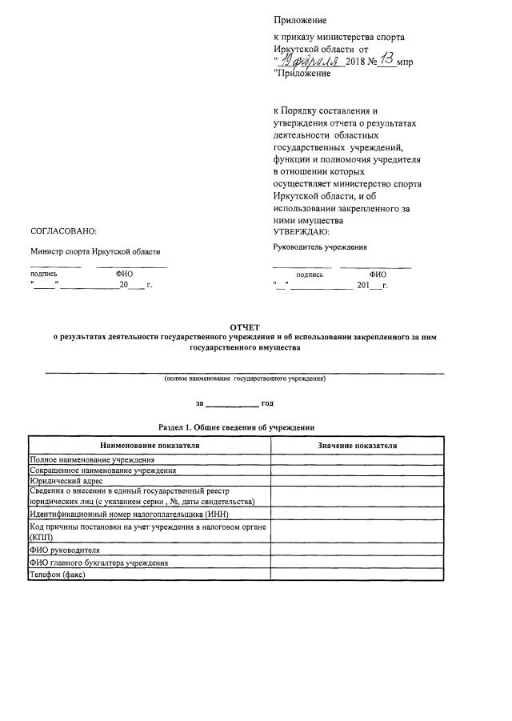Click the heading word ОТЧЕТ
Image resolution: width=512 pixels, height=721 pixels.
coord(244,328)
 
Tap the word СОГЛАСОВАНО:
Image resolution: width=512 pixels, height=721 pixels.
coord(63,230)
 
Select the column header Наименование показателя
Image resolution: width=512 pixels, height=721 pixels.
coord(150,445)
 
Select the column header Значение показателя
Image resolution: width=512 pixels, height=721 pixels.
coord(357,445)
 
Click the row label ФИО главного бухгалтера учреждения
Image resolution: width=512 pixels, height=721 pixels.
coord(99,563)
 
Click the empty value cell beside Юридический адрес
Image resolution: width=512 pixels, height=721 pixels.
coord(357,481)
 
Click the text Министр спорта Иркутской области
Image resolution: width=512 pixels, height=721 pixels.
coord(95,251)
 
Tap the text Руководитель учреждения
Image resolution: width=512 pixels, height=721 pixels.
coord(320,247)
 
